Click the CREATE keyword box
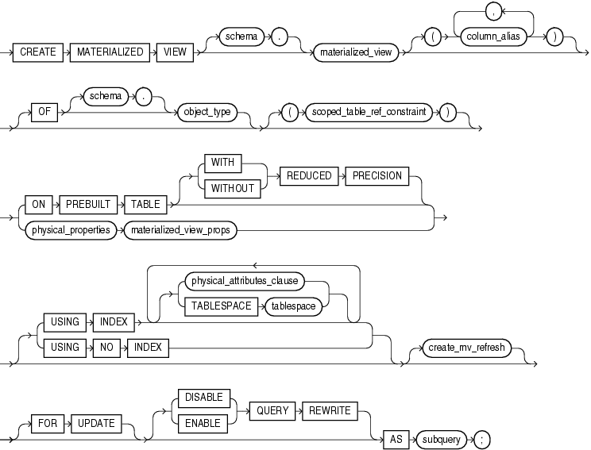click(39, 52)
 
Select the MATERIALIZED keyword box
click(110, 52)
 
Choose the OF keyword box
click(44, 111)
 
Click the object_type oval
click(207, 112)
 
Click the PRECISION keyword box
click(377, 176)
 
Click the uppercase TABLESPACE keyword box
click(218, 306)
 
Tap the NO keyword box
click(102, 347)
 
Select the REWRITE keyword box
click(327, 411)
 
